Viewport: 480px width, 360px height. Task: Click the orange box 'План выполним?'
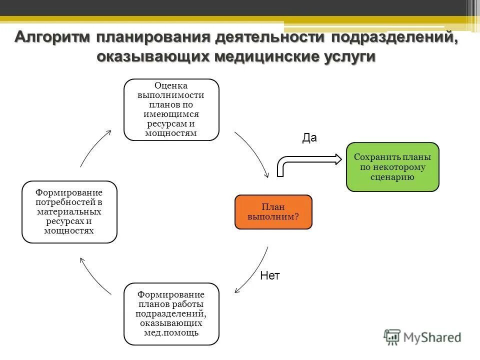coord(273,212)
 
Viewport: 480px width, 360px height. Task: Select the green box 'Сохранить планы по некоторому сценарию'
coord(392,167)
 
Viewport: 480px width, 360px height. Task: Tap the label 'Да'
coord(309,138)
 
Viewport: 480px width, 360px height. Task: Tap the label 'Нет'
coord(270,275)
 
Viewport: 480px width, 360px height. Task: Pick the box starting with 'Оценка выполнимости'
coord(171,109)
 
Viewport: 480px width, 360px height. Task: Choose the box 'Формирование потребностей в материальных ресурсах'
coord(69,212)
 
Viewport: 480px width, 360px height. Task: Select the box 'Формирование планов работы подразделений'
coord(171,313)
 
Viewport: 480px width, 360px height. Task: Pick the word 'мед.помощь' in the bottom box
coord(171,332)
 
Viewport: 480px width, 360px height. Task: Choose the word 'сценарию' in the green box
coord(392,177)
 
